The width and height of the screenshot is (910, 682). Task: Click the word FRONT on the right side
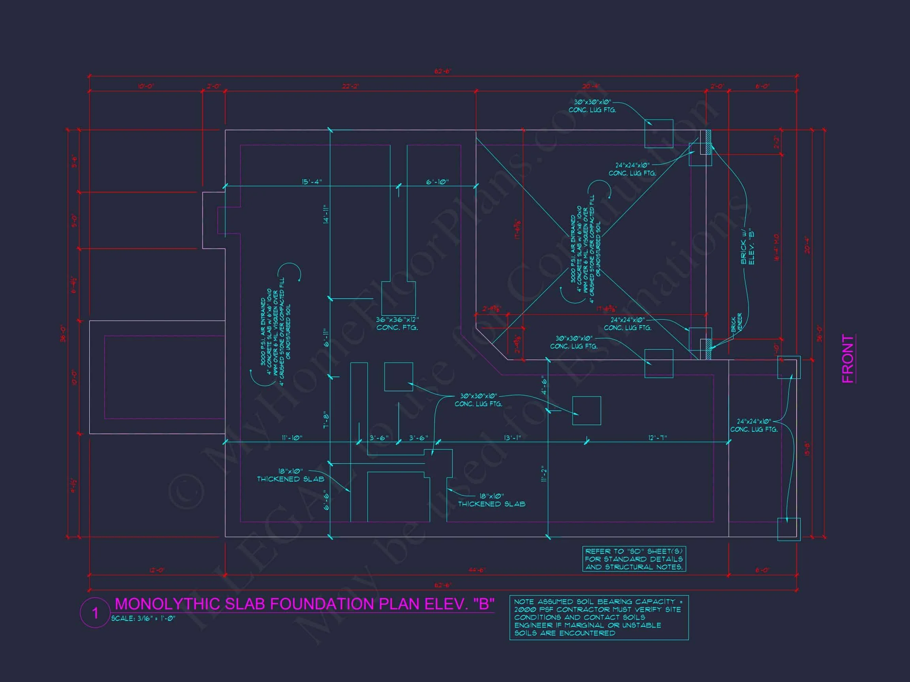(848, 358)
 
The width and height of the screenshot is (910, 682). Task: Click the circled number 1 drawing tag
(95, 613)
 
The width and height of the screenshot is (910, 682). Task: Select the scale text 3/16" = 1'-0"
(143, 618)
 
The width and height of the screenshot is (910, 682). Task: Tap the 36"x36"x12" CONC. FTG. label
(397, 324)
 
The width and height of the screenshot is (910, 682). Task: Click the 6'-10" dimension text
(437, 182)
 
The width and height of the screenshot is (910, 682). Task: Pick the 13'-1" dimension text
(512, 438)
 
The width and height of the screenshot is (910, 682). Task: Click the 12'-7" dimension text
(657, 438)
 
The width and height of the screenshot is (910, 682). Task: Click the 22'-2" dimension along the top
(350, 86)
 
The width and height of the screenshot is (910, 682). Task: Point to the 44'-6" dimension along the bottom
(477, 570)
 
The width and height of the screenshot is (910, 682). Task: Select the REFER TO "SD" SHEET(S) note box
(634, 559)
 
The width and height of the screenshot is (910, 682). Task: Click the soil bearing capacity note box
(599, 617)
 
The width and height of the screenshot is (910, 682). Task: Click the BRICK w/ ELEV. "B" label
(747, 247)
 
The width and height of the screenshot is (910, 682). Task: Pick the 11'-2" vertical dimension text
(544, 474)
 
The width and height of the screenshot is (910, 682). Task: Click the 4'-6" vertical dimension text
(544, 385)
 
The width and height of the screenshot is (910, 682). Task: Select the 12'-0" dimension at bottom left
(157, 570)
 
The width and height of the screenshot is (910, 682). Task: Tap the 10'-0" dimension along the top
(146, 86)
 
